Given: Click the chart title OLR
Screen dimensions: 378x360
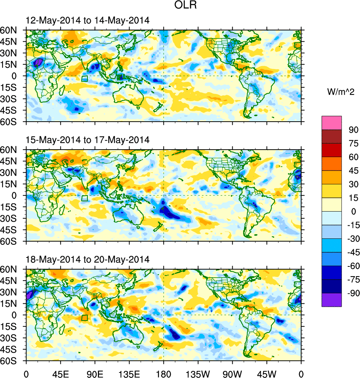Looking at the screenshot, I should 185,6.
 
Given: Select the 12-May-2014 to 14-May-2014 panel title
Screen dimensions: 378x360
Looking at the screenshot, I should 87,21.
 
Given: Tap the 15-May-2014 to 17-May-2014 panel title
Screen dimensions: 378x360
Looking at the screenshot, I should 87,140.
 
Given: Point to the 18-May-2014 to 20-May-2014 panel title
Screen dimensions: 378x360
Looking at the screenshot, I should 87,259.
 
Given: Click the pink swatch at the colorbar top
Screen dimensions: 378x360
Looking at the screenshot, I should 332,122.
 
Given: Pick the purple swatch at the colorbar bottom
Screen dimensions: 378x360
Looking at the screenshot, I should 332,300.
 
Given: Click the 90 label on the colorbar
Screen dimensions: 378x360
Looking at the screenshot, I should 354,130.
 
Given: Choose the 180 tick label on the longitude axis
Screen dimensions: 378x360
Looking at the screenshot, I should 164,373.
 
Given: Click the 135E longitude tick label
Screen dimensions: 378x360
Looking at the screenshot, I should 129,373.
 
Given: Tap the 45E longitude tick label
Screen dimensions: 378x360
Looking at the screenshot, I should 60,373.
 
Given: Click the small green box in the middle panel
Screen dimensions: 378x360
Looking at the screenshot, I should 84,198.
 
